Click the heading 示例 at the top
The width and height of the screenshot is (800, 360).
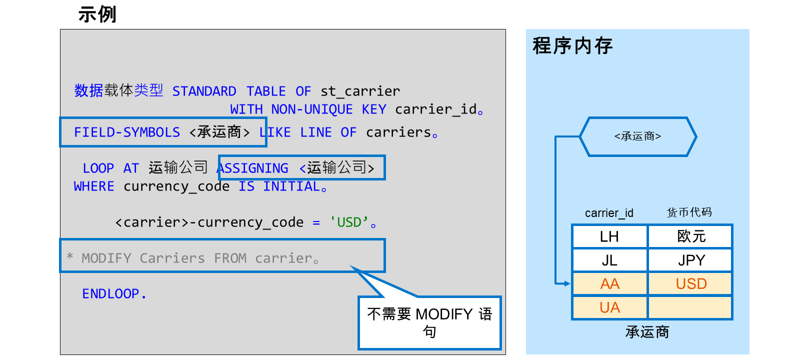97,14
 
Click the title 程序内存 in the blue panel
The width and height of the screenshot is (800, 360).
572,46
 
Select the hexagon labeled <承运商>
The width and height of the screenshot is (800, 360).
638,136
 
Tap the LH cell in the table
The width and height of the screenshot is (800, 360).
609,236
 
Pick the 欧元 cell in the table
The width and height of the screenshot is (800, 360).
691,236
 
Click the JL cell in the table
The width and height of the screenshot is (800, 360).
609,260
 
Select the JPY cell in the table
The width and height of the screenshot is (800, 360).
691,260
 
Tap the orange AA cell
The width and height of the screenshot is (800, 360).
609,284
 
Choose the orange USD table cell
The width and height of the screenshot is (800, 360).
691,284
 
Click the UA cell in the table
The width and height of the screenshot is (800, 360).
609,307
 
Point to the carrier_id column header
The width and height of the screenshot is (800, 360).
609,213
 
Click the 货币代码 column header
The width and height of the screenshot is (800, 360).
689,212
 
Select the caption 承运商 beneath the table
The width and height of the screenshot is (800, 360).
647,332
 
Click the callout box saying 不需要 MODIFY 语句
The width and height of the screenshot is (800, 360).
429,323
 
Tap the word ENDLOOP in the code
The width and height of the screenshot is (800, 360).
110,294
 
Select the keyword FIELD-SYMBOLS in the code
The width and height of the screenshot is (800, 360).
127,132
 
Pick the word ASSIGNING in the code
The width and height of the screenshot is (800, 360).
253,168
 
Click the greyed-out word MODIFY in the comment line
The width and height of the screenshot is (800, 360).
106,258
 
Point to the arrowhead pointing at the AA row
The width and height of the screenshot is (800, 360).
567,284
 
